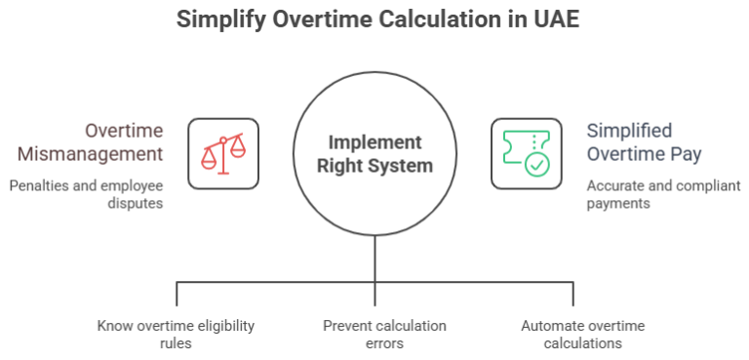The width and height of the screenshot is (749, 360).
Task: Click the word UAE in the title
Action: [x=554, y=20]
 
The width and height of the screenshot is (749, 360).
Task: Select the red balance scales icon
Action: [x=223, y=153]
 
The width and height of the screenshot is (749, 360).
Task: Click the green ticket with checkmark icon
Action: [x=527, y=153]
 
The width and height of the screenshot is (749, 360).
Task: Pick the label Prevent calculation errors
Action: [x=384, y=335]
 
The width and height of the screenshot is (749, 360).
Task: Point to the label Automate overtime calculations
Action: [x=582, y=335]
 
